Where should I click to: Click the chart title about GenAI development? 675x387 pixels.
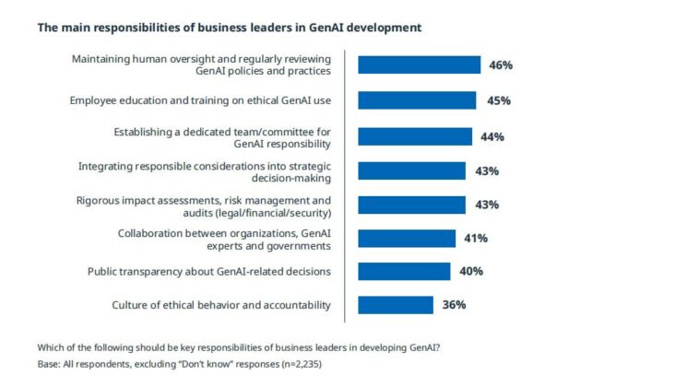click(x=229, y=28)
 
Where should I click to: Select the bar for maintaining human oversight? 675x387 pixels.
click(x=419, y=64)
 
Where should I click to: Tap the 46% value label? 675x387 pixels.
click(x=501, y=65)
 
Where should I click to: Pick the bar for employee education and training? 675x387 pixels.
click(x=417, y=100)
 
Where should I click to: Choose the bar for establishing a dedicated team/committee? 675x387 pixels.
click(x=415, y=136)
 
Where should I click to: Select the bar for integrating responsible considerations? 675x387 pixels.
click(x=411, y=170)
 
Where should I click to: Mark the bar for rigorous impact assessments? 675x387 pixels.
click(x=411, y=205)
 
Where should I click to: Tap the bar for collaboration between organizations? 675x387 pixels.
click(x=407, y=239)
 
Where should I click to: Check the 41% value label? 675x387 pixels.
click(x=476, y=239)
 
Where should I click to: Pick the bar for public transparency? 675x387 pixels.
click(x=404, y=271)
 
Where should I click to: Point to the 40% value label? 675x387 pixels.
click(x=470, y=272)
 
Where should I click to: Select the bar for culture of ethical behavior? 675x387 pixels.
click(x=396, y=305)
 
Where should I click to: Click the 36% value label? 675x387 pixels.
click(x=454, y=305)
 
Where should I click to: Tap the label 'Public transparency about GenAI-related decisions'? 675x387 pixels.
click(x=209, y=272)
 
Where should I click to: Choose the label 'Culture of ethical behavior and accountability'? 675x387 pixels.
click(x=221, y=305)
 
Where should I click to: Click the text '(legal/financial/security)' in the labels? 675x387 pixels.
click(x=270, y=212)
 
